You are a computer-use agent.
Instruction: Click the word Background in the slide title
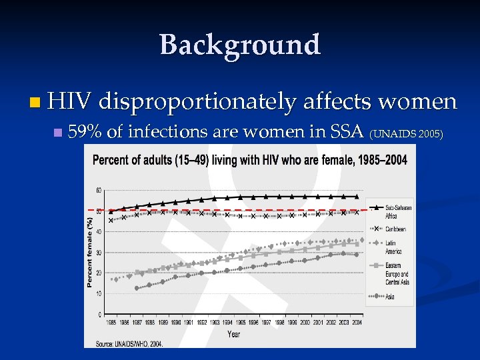[x=240, y=45]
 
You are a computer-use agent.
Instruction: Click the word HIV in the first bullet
[x=73, y=101]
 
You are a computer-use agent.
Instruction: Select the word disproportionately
[x=198, y=101]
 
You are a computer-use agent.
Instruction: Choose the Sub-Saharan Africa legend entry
[x=398, y=211]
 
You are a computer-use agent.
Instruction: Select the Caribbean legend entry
[x=398, y=229]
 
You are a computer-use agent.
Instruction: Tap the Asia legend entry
[x=391, y=296]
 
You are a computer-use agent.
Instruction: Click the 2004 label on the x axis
[x=357, y=323]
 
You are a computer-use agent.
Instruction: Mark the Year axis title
[x=234, y=333]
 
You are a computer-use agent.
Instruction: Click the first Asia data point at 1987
[x=137, y=288]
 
